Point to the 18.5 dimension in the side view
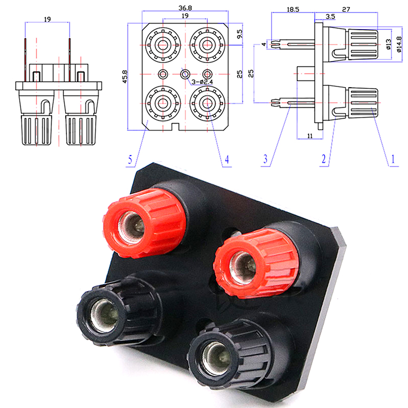point(292,9)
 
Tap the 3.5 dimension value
point(331,17)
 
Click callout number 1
point(393,160)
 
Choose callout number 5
point(131,160)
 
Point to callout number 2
point(323,160)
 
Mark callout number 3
point(265,160)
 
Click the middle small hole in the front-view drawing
point(185,74)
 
